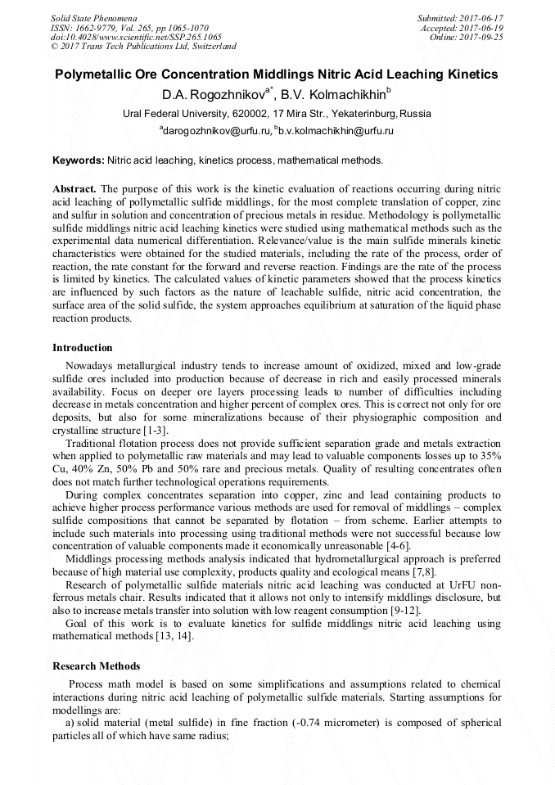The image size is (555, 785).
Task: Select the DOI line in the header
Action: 136,37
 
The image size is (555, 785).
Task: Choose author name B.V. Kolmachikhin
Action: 333,94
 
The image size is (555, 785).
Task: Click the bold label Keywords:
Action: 78,160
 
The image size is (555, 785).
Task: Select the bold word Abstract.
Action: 74,188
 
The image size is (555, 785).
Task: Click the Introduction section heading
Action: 83,348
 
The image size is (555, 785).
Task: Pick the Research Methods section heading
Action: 96,665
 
